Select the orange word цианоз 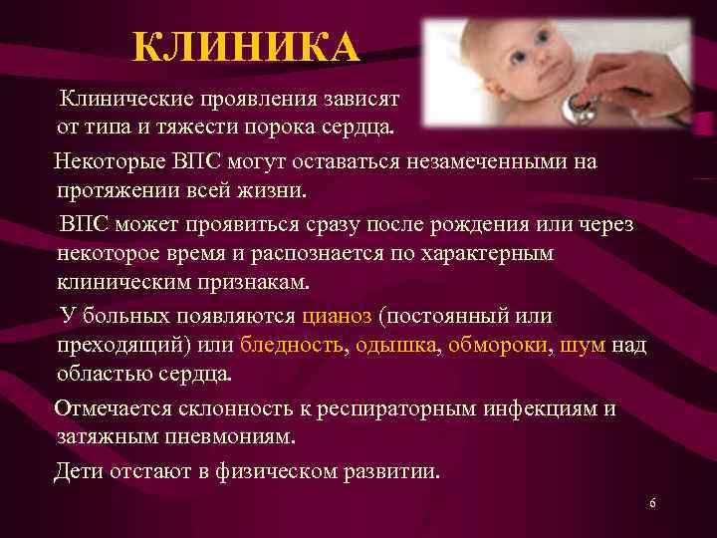click(337, 316)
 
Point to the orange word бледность click(291, 346)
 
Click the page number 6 click(652, 504)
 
